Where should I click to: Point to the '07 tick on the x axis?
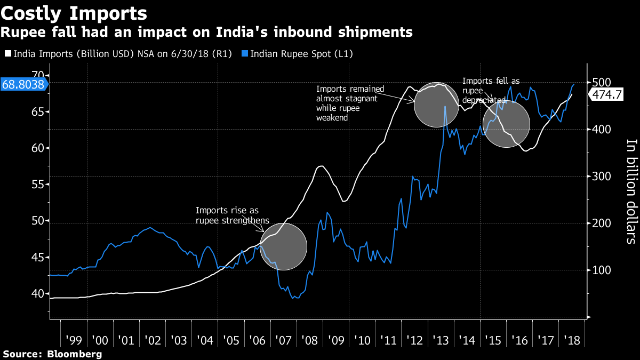[x=283, y=340]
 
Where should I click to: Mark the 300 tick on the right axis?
[x=600, y=177]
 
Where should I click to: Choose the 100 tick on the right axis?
[x=600, y=270]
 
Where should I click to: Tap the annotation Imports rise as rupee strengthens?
[x=232, y=215]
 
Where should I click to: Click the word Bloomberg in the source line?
[x=74, y=354]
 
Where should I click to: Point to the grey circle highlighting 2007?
[x=284, y=246]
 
